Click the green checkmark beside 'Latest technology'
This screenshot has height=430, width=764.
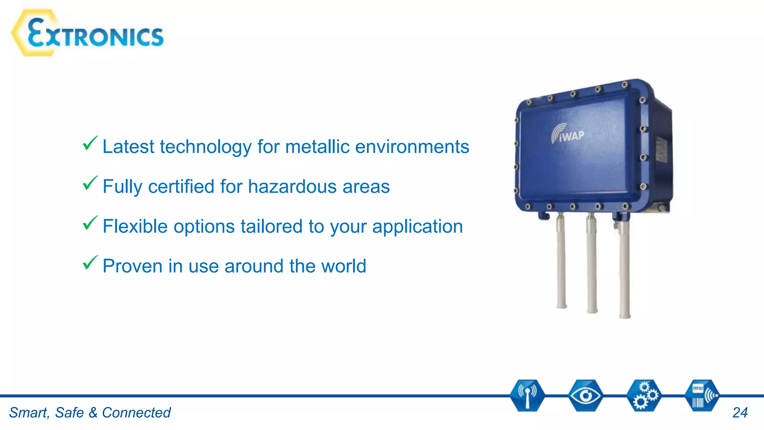(90, 143)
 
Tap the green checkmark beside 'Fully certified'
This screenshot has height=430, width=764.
(90, 183)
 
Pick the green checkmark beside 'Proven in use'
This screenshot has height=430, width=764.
(90, 263)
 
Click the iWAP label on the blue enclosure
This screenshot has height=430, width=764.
(568, 134)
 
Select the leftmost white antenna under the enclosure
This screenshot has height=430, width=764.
(561, 261)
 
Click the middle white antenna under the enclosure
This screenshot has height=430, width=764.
(591, 265)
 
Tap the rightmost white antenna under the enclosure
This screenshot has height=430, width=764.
(624, 269)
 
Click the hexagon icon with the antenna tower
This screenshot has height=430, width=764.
(527, 396)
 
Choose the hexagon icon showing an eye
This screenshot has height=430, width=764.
(585, 396)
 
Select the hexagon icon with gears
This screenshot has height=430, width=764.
(644, 396)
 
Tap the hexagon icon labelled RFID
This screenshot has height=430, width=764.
(702, 396)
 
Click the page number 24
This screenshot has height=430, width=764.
(740, 413)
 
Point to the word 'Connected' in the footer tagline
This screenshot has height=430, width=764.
(136, 413)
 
